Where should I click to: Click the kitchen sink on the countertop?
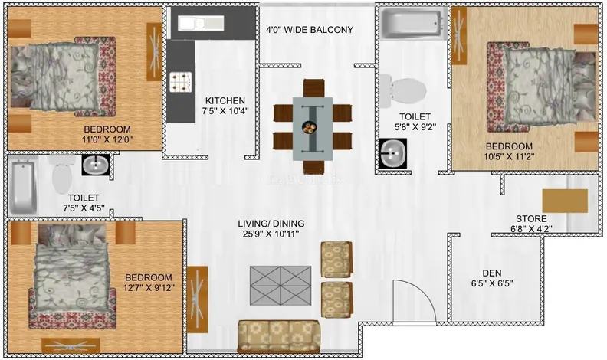pos(201,23)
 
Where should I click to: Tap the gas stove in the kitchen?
pos(181,82)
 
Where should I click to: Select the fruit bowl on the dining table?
pos(309,127)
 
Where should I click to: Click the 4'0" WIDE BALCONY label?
pos(310,30)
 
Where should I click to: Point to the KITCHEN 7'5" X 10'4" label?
pos(225,106)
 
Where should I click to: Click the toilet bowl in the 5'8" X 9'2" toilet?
pos(403,91)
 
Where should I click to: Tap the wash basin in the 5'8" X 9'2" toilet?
pos(392,153)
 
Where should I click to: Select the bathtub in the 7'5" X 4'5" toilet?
pos(23,187)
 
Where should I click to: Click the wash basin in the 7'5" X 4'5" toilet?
pos(96,165)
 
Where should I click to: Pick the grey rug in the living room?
pos(281,286)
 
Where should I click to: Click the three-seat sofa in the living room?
pos(279,336)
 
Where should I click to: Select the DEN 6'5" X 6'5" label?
pos(492,278)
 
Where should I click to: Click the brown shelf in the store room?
pos(565,201)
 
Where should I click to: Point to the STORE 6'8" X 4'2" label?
pos(532,224)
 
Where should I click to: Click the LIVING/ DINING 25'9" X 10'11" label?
pos(271,228)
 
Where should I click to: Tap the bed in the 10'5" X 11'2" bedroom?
pos(541,87)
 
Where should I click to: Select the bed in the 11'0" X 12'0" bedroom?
pos(62,77)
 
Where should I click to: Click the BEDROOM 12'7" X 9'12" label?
pos(149,283)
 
